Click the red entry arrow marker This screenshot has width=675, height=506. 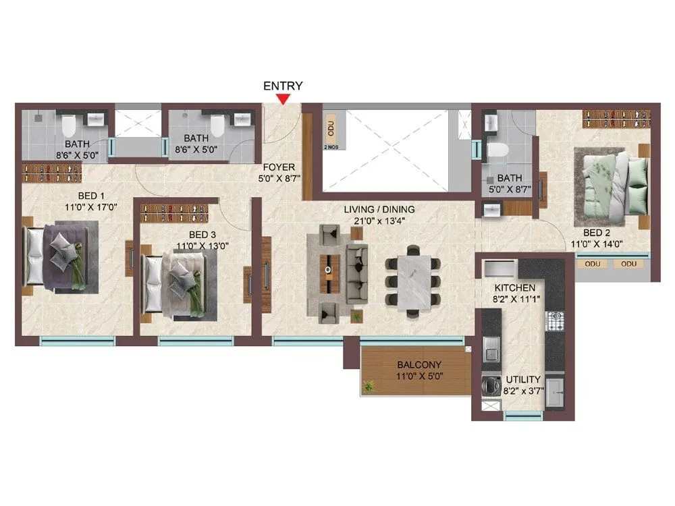click(284, 99)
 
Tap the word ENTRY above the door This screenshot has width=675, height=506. click(283, 86)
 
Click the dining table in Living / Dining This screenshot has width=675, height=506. click(414, 278)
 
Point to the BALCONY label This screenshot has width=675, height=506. click(419, 365)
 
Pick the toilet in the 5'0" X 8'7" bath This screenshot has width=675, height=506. click(497, 150)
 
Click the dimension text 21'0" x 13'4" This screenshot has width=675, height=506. click(379, 221)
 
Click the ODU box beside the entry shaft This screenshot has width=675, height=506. click(330, 128)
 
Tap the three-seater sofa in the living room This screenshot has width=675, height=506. click(356, 272)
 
